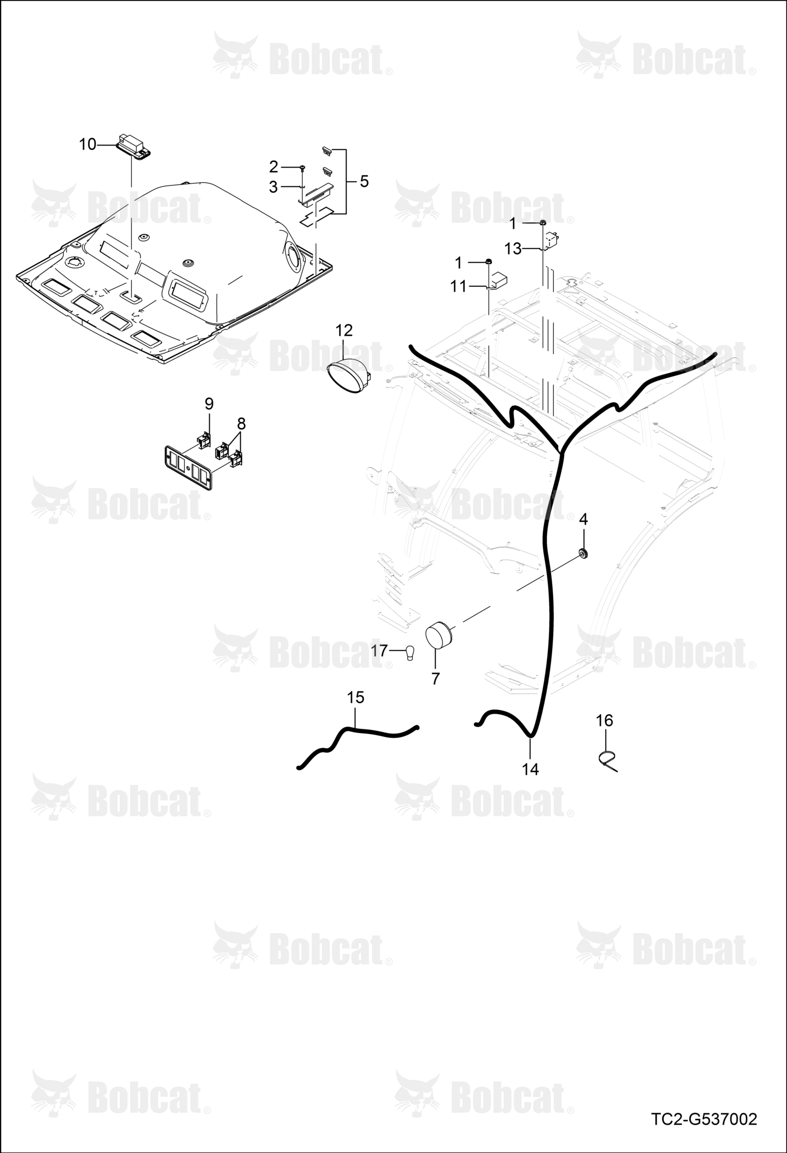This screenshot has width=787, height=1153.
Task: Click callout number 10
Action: (88, 144)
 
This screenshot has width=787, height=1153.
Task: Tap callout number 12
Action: (344, 331)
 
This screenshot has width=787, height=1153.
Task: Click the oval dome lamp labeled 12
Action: (349, 375)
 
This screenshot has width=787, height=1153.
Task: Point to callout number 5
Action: (364, 182)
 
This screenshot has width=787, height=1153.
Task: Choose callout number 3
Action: (273, 187)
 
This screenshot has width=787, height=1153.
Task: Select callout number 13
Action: (513, 249)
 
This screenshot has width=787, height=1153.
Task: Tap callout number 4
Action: (583, 519)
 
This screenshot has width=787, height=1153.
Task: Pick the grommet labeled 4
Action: (582, 553)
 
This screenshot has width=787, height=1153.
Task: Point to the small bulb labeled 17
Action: (411, 652)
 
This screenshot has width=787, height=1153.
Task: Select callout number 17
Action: (379, 651)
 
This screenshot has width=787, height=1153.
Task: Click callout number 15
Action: (356, 697)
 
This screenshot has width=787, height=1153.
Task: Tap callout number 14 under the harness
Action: (531, 769)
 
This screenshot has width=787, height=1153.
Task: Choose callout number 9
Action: (209, 404)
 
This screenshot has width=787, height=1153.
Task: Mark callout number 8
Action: (241, 423)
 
